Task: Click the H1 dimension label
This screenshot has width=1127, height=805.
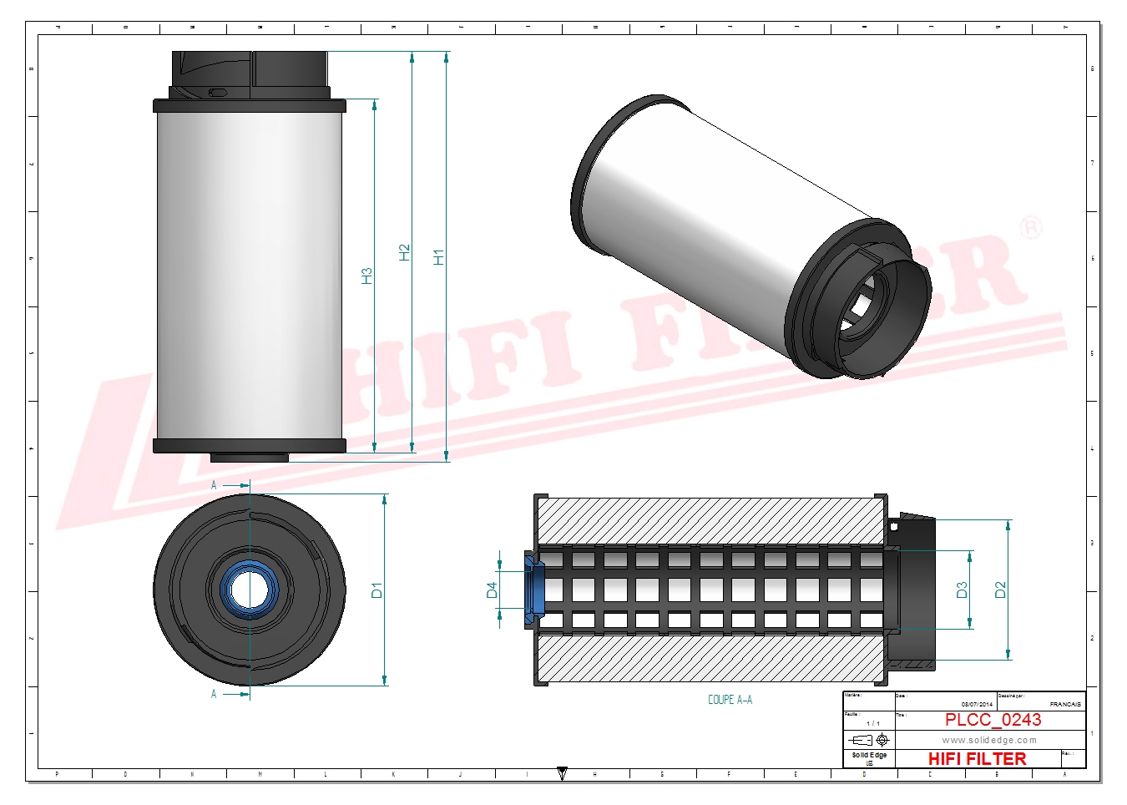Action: coord(439,256)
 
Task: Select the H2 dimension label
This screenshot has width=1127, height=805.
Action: coord(405,252)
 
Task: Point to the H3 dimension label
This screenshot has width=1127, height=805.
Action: coord(366,276)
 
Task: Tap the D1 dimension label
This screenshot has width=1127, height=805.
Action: coord(377,590)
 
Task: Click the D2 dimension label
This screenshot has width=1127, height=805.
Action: coord(1001,590)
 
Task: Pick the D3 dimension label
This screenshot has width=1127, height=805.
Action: coord(962,590)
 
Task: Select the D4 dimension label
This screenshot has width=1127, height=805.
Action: coord(492,590)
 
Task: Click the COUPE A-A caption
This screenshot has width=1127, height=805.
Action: coord(730,700)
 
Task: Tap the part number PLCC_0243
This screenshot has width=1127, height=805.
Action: coord(993,720)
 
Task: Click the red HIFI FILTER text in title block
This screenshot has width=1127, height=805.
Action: coord(977,758)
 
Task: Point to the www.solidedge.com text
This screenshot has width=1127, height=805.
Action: coord(989,740)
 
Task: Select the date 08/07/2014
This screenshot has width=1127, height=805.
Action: coord(977,705)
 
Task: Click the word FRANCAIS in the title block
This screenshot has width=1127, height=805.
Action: coord(1064,705)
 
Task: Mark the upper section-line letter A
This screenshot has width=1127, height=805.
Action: coord(214,485)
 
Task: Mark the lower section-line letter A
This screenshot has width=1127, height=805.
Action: coord(214,694)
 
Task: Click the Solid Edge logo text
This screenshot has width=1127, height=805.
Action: coord(869,755)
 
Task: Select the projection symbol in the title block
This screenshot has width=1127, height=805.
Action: coord(869,740)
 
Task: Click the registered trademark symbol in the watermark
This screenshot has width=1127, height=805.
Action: coord(1031,227)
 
